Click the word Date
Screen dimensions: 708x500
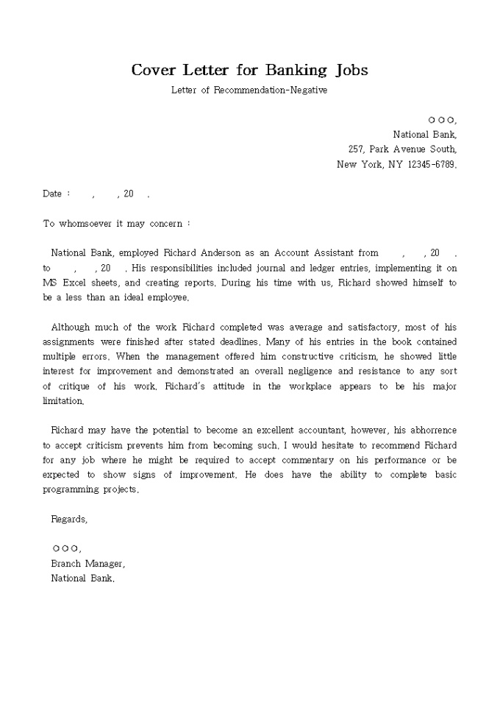52,194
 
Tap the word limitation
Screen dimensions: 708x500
63,401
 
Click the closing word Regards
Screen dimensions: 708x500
68,519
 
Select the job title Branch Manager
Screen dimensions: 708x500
87,563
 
